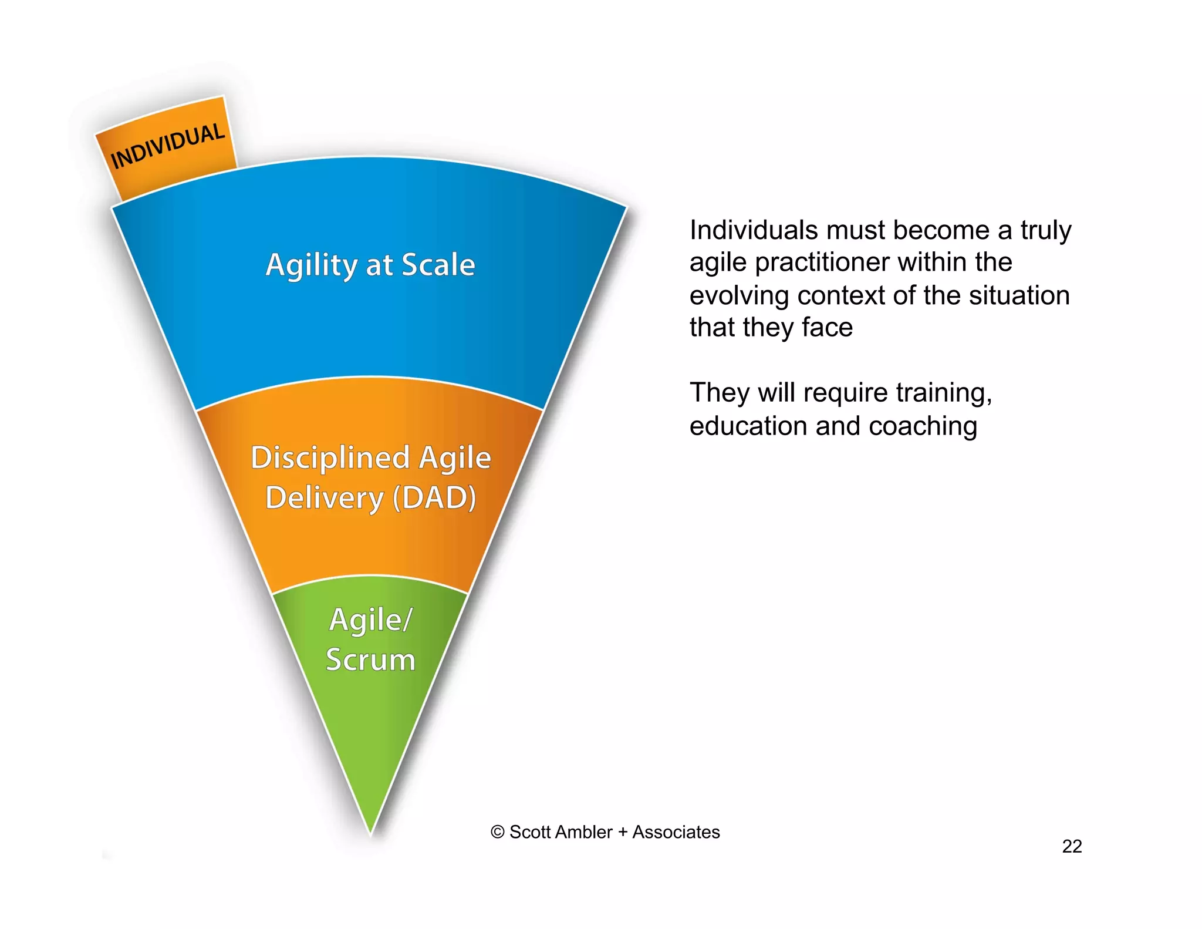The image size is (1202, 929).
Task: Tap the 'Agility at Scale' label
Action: [370, 265]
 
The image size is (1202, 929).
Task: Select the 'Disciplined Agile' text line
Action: [370, 457]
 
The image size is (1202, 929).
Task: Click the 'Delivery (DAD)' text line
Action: [370, 498]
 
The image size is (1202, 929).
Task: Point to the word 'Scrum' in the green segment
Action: [370, 659]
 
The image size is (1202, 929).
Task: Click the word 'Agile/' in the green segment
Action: [371, 620]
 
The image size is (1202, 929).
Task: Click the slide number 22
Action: [1072, 846]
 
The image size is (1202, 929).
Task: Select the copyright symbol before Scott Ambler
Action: [497, 832]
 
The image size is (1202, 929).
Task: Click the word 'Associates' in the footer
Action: [676, 832]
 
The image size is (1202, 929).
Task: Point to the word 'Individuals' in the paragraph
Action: [753, 230]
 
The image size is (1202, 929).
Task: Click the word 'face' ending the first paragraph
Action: [828, 328]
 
